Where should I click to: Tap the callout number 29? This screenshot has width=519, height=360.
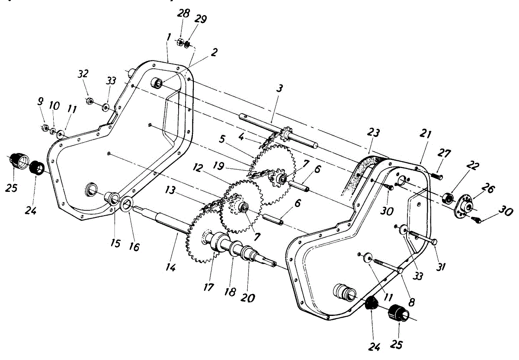pos(201,19)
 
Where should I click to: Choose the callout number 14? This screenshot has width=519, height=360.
pos(170,268)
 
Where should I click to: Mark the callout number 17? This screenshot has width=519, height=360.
pos(209,287)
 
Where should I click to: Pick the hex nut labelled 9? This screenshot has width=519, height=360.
pos(44,127)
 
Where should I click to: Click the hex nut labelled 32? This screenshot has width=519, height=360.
pos(88,101)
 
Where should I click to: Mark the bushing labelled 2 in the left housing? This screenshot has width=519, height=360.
pos(158,83)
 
